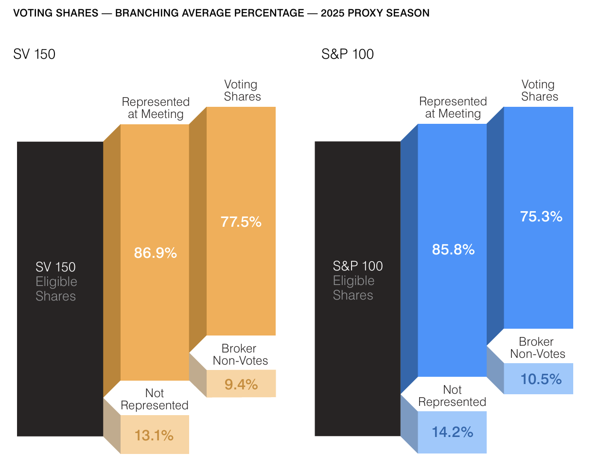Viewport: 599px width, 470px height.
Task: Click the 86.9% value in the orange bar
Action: pos(155,253)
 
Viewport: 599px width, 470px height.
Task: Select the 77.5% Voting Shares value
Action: pos(241,222)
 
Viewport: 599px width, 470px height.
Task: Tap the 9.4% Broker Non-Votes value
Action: pos(241,385)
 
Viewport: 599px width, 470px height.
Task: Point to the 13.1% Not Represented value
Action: pos(154,436)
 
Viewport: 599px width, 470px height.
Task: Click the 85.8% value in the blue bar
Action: pos(453,250)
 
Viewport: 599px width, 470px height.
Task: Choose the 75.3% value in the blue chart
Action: pos(541,217)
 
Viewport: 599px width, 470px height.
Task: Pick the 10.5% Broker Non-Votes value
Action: pos(541,379)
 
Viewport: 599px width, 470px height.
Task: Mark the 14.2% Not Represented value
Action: pos(452,432)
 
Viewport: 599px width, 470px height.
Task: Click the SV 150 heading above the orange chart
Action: pos(34,54)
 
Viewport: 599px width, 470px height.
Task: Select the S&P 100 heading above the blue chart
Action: pos(348,54)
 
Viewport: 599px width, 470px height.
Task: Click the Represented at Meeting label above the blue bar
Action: pos(453,107)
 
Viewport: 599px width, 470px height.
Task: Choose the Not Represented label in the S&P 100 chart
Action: pos(452,396)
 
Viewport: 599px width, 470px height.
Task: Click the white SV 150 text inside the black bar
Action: pos(55,267)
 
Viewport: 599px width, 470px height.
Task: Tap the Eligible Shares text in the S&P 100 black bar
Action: pos(353,288)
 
